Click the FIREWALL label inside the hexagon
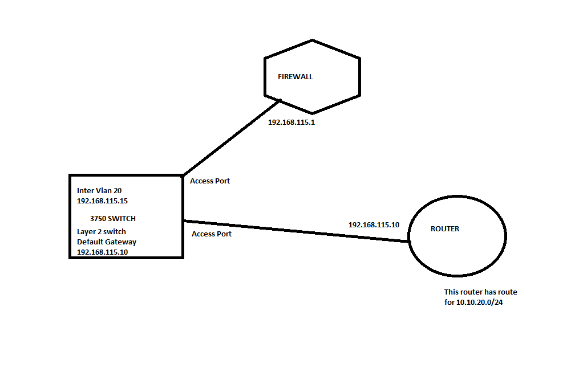[x=295, y=76]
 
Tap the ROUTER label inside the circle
[x=445, y=228]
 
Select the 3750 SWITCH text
[x=113, y=219]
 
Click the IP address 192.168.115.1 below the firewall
[x=291, y=122]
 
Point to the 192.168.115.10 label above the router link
[x=374, y=224]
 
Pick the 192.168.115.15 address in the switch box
[x=102, y=201]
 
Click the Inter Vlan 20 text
[x=99, y=190]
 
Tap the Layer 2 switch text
[x=102, y=231]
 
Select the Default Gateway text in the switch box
[x=107, y=242]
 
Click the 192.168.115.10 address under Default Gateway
[x=102, y=252]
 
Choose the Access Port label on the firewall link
[x=210, y=181]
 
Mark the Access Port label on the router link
[x=212, y=234]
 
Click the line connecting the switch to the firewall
[x=232, y=138]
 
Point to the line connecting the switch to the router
[x=297, y=231]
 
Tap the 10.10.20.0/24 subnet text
[x=480, y=302]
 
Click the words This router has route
[x=480, y=292]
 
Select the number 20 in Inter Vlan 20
[x=118, y=190]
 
